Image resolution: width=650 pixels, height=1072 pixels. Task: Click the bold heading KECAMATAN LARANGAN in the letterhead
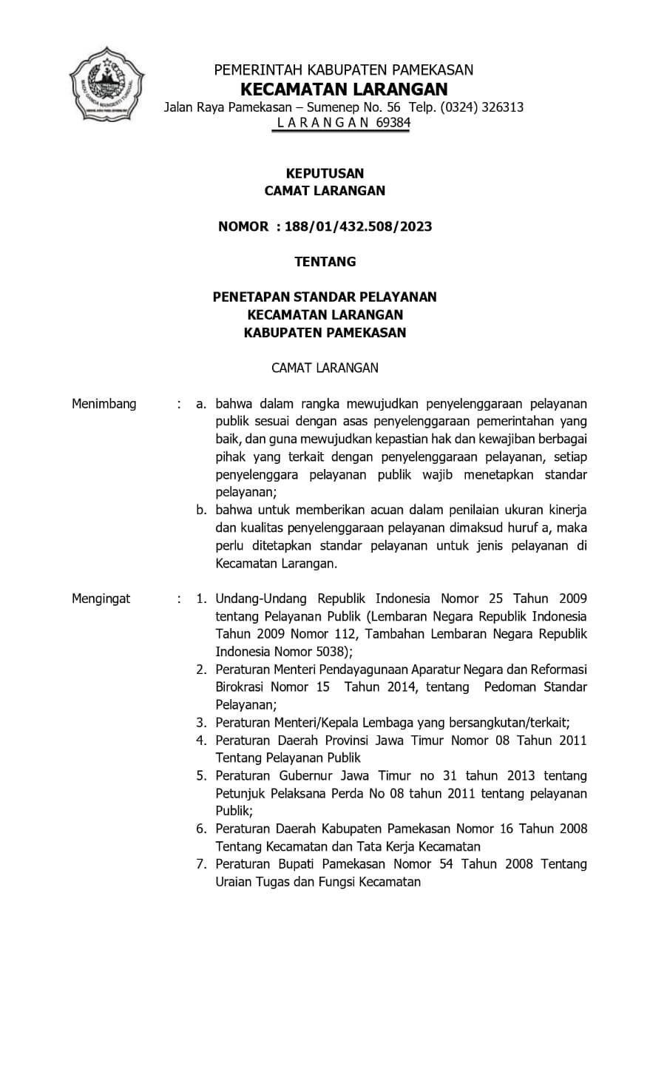[344, 90]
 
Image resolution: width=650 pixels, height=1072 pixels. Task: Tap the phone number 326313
[502, 107]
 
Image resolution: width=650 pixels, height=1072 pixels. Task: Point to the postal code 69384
[393, 123]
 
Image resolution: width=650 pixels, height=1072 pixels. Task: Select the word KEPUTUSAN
[325, 173]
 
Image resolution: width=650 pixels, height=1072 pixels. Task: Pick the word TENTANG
[325, 261]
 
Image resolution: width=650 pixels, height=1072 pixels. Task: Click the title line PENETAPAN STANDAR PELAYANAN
[325, 297]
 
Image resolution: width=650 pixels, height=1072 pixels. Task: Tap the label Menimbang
[104, 404]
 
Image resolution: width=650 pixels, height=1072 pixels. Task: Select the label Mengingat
[101, 599]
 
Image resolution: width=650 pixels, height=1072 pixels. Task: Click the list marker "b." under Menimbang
[200, 510]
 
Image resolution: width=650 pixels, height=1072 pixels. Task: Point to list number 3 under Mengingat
[200, 723]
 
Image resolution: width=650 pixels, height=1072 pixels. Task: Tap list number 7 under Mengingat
[200, 864]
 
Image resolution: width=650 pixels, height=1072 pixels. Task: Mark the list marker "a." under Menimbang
[200, 404]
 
